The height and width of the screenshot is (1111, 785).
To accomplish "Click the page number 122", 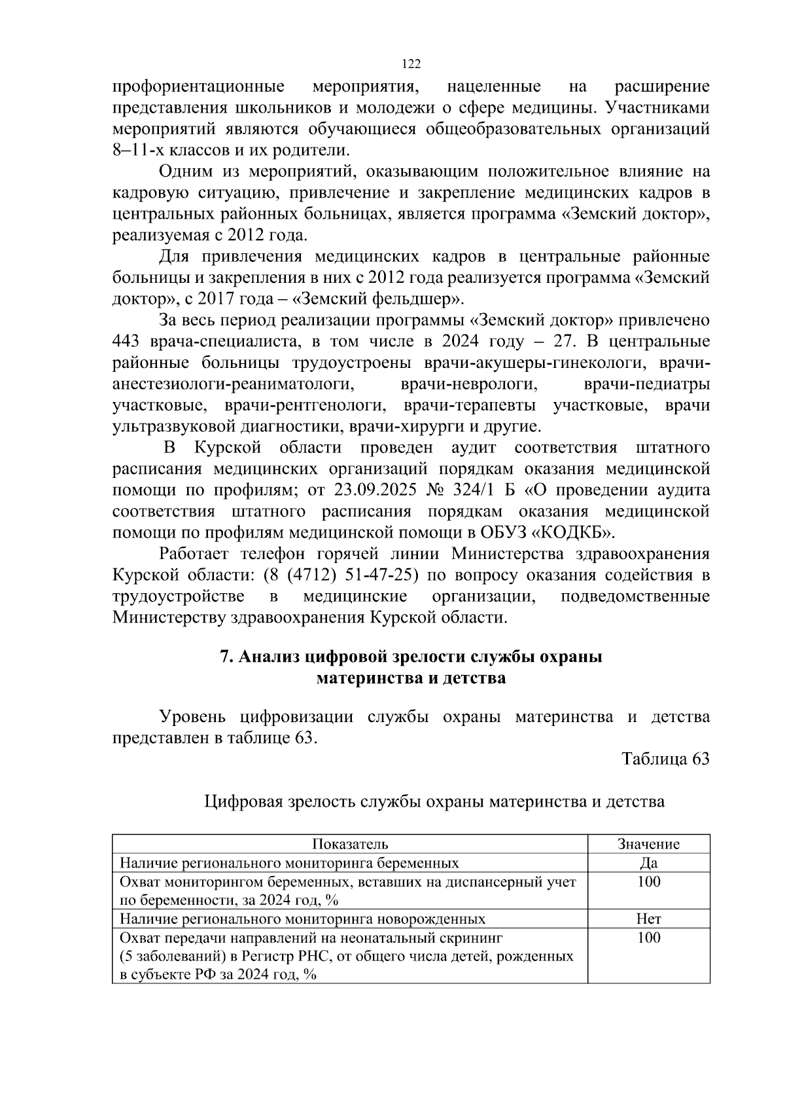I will coord(410,64).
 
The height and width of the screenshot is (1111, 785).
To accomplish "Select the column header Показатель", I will coord(350,844).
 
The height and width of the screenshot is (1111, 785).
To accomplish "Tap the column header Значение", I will coord(648,844).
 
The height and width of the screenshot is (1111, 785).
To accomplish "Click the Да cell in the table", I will coord(648,863).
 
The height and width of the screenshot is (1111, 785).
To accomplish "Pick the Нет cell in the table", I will coord(648,919).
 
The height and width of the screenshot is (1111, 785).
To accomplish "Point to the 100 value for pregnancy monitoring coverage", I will coord(648,882).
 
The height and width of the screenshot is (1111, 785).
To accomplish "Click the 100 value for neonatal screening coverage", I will coord(648,938).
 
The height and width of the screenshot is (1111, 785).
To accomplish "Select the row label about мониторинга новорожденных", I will coord(302,919).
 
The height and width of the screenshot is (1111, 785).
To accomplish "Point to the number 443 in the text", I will coord(126,341).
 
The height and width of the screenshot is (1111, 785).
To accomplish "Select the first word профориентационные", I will coord(198,86).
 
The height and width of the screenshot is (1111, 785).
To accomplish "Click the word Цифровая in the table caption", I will coord(244,801).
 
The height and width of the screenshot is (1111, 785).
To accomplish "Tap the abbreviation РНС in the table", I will coord(315,956).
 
